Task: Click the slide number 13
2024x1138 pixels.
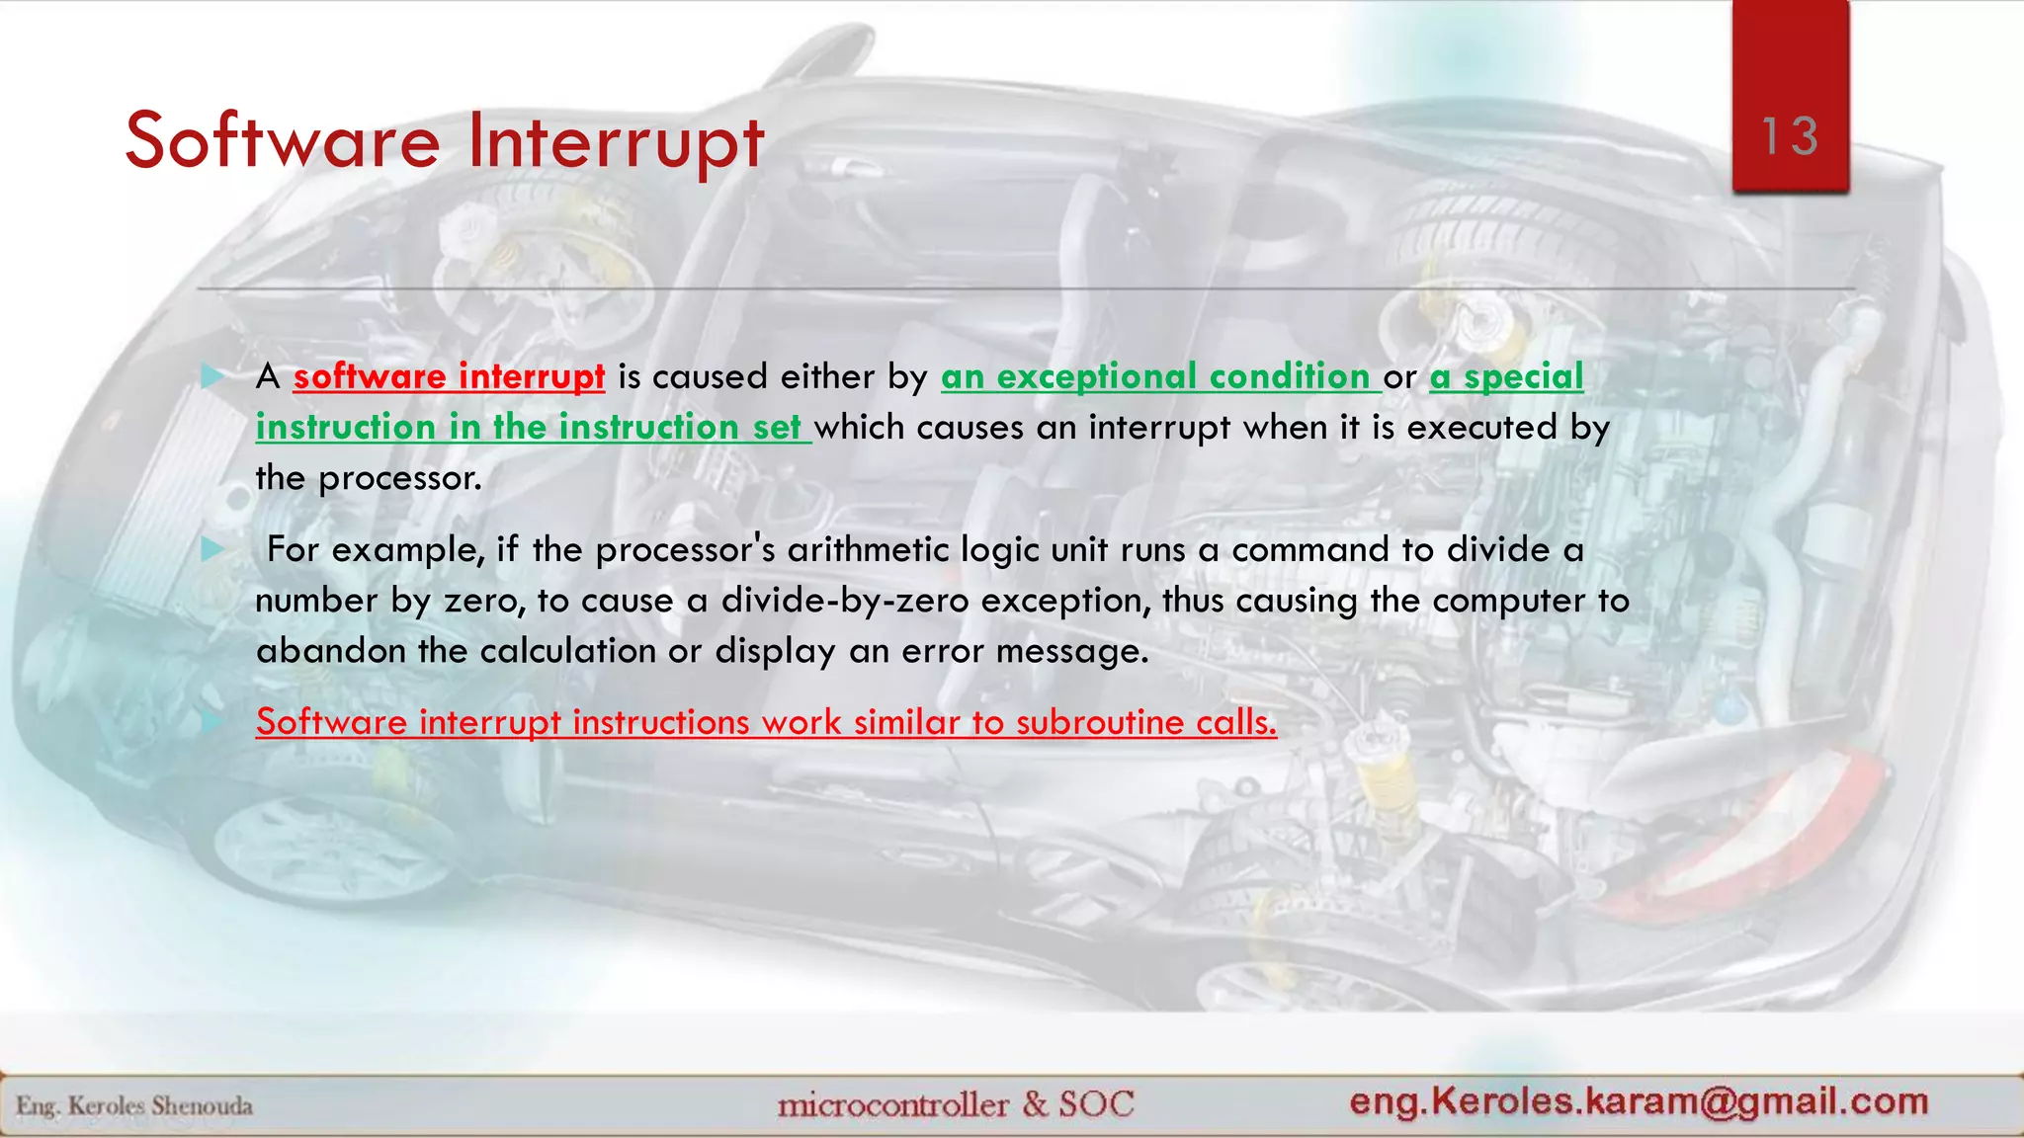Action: pyautogui.click(x=1790, y=136)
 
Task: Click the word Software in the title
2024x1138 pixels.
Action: pyautogui.click(x=283, y=141)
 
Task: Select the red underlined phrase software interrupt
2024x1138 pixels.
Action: pyautogui.click(x=449, y=377)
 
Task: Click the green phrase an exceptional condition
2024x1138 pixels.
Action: pyautogui.click(x=1155, y=377)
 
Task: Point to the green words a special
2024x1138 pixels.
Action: pyautogui.click(x=1506, y=377)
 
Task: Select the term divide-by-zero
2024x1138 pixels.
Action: pyautogui.click(x=845, y=601)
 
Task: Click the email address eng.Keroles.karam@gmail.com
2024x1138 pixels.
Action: pyautogui.click(x=1639, y=1101)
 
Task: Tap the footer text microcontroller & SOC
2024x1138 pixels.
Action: pyautogui.click(x=956, y=1104)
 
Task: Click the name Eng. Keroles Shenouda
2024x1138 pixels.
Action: pyautogui.click(x=134, y=1106)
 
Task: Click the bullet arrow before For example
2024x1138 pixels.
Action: pyautogui.click(x=212, y=549)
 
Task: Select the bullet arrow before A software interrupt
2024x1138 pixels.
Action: pyautogui.click(x=212, y=376)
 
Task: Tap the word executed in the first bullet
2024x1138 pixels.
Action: pyautogui.click(x=1482, y=428)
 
